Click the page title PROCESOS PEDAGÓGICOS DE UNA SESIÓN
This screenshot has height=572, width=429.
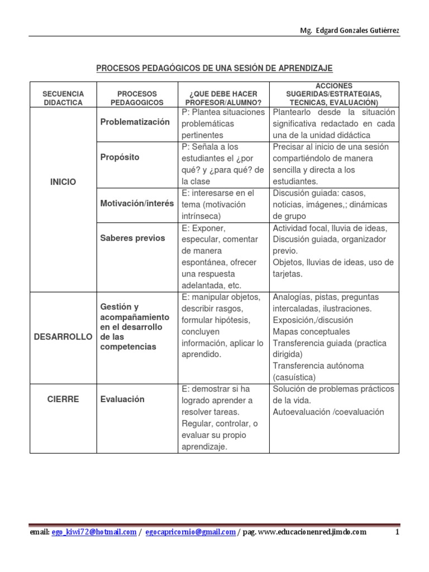click(x=214, y=68)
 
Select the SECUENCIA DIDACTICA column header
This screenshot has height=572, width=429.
click(x=63, y=98)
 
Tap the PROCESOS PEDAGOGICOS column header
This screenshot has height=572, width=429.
click(x=137, y=98)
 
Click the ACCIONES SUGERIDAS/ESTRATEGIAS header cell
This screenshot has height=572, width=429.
click(x=333, y=94)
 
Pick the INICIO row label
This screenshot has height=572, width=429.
click(x=63, y=182)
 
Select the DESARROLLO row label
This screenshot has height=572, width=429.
click(x=63, y=337)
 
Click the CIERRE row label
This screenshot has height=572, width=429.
click(x=63, y=399)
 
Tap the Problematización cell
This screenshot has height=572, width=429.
click(x=135, y=122)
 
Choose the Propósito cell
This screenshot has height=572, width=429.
click(x=120, y=158)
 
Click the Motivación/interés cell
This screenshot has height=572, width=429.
click(x=137, y=204)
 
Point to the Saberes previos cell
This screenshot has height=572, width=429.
click(x=132, y=238)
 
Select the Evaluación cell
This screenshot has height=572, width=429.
click(x=122, y=399)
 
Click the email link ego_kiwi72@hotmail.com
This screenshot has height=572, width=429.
click(x=94, y=532)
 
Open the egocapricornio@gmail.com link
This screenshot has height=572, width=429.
click(x=190, y=532)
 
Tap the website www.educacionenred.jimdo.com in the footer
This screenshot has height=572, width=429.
click(x=313, y=532)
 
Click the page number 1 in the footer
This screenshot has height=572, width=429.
click(x=397, y=532)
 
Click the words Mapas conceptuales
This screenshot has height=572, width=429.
click(x=311, y=332)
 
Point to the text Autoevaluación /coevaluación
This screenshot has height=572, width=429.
click(x=328, y=412)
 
